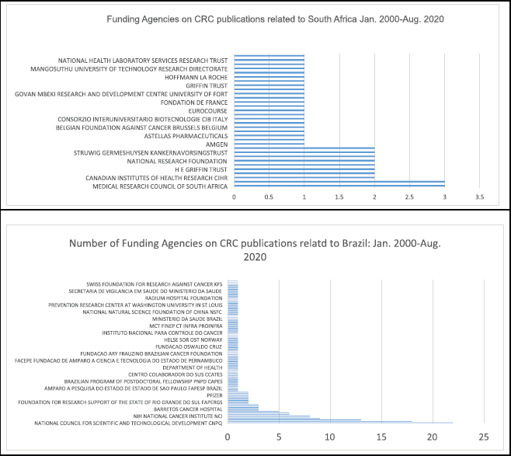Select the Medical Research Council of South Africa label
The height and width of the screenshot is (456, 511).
(x=160, y=186)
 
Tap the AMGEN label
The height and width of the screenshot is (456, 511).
(x=217, y=144)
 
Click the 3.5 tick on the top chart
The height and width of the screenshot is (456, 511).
(x=479, y=198)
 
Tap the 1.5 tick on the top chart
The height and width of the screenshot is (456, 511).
(x=339, y=198)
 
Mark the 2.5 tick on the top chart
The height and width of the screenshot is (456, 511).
(x=409, y=198)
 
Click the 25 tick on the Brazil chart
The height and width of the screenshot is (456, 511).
(x=484, y=437)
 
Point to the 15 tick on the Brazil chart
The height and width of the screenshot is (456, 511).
(x=381, y=437)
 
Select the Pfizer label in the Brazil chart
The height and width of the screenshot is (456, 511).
(x=215, y=395)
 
